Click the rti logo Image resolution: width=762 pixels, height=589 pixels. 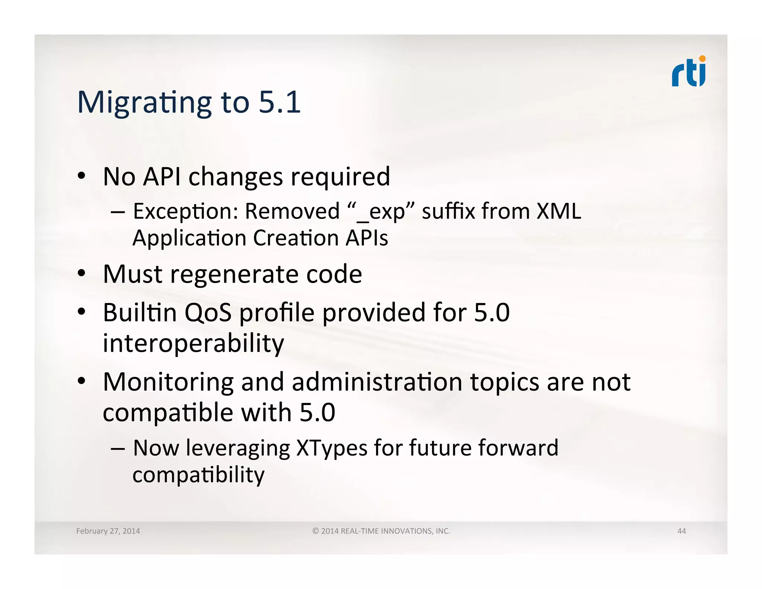[688, 73]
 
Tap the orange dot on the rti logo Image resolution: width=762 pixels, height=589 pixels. [702, 58]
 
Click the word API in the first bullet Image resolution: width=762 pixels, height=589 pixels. [162, 176]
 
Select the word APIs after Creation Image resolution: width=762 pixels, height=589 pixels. [366, 238]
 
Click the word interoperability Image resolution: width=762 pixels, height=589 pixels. [193, 343]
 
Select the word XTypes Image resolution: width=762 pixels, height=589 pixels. [332, 448]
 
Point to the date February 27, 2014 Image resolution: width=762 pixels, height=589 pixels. [108, 531]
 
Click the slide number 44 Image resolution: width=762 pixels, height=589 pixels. [681, 531]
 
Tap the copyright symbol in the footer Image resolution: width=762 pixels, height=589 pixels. [315, 531]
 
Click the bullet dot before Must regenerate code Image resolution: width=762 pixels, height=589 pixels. [81, 274]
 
